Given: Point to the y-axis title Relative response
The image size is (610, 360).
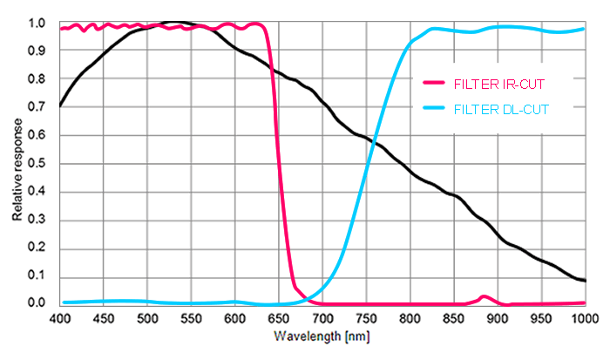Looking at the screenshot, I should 17,162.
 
